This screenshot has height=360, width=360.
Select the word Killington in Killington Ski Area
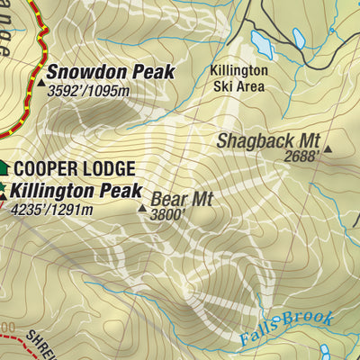coord(238,70)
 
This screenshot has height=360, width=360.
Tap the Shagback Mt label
coord(268,139)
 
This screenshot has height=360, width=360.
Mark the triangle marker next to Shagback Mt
coord(328,149)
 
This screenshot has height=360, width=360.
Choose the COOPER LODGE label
coord(74,168)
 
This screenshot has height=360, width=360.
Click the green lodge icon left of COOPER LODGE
coord(3,167)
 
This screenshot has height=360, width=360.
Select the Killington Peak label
coord(76,191)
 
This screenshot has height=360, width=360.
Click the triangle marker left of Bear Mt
coord(141,208)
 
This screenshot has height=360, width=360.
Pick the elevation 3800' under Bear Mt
coord(167,215)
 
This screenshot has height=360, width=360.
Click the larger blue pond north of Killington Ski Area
coord(261,41)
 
